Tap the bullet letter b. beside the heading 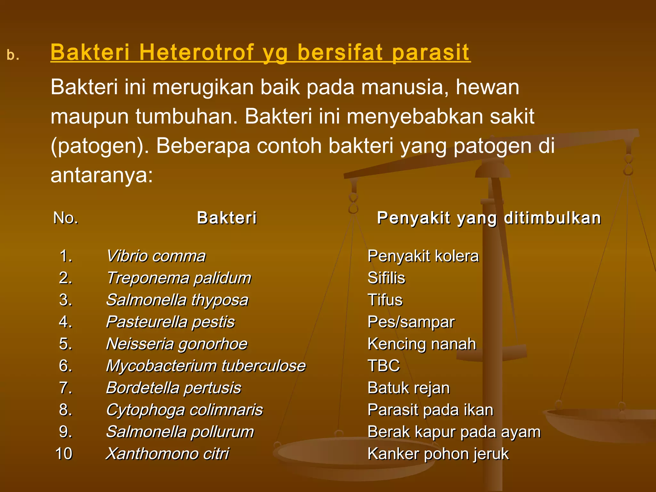13,55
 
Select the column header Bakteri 227,218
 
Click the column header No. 66,218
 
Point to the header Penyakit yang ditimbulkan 489,218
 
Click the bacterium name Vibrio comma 156,256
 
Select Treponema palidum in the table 179,278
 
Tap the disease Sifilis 386,278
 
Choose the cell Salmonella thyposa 177,300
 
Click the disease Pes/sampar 411,322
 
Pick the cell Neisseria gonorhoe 177,344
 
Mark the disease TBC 384,366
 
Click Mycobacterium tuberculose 206,366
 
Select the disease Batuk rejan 409,388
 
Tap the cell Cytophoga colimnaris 184,410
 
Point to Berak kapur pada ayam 454,432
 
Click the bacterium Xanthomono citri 168,454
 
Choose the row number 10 64,454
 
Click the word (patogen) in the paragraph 100,146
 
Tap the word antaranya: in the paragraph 102,175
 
